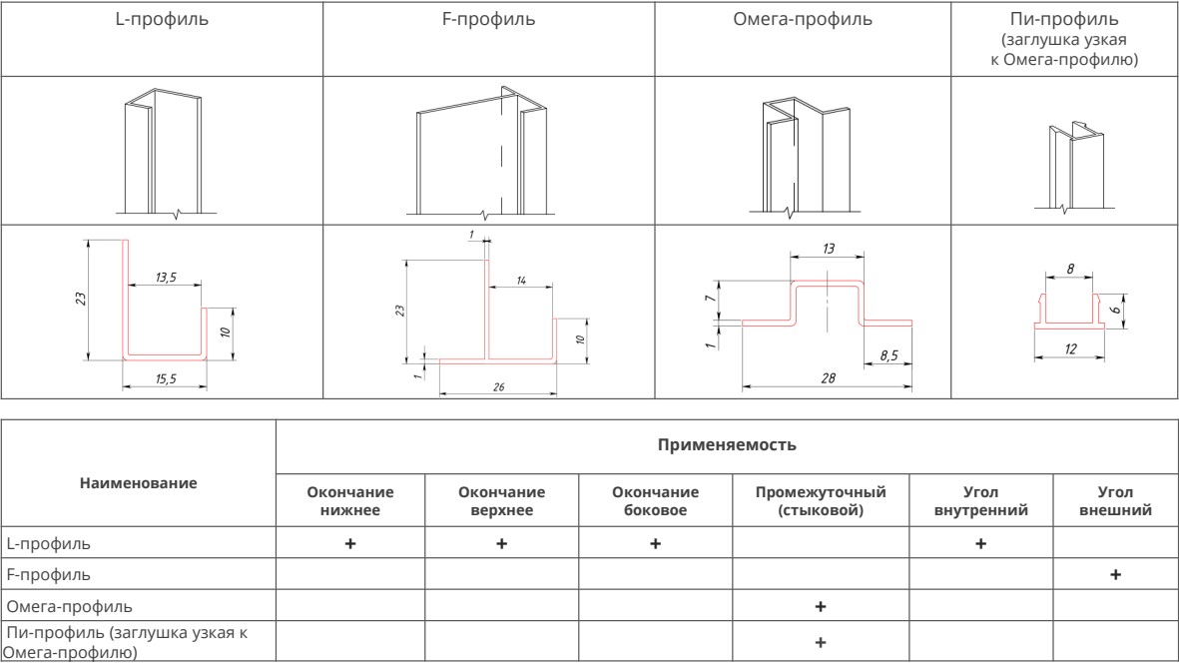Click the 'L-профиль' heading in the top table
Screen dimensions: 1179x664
(x=162, y=20)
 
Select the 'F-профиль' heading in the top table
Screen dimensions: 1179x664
(x=489, y=20)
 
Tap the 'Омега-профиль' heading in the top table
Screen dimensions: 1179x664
(x=803, y=20)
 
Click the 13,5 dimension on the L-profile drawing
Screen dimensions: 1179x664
(x=166, y=278)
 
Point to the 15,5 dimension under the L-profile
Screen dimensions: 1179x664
(x=166, y=379)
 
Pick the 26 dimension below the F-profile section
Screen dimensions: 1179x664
(x=498, y=387)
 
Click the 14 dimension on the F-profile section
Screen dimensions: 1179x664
(x=521, y=281)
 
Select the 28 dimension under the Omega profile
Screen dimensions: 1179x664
(x=828, y=378)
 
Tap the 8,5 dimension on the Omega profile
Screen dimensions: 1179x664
(x=888, y=354)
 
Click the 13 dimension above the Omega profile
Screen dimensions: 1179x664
(x=828, y=249)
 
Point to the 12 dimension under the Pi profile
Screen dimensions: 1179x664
(x=1071, y=348)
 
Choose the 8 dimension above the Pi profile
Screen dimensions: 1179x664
(x=1071, y=269)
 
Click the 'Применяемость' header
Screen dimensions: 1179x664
(x=727, y=444)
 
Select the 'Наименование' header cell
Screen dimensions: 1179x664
(x=139, y=482)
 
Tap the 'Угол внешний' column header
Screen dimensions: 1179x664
(x=1115, y=501)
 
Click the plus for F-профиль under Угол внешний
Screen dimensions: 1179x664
(x=1115, y=574)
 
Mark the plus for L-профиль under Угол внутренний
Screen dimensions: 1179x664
(x=980, y=544)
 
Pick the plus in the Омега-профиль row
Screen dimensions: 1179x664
(x=821, y=606)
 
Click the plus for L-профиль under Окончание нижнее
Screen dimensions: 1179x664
(x=350, y=544)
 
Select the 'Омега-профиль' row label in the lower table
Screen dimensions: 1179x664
(x=69, y=606)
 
